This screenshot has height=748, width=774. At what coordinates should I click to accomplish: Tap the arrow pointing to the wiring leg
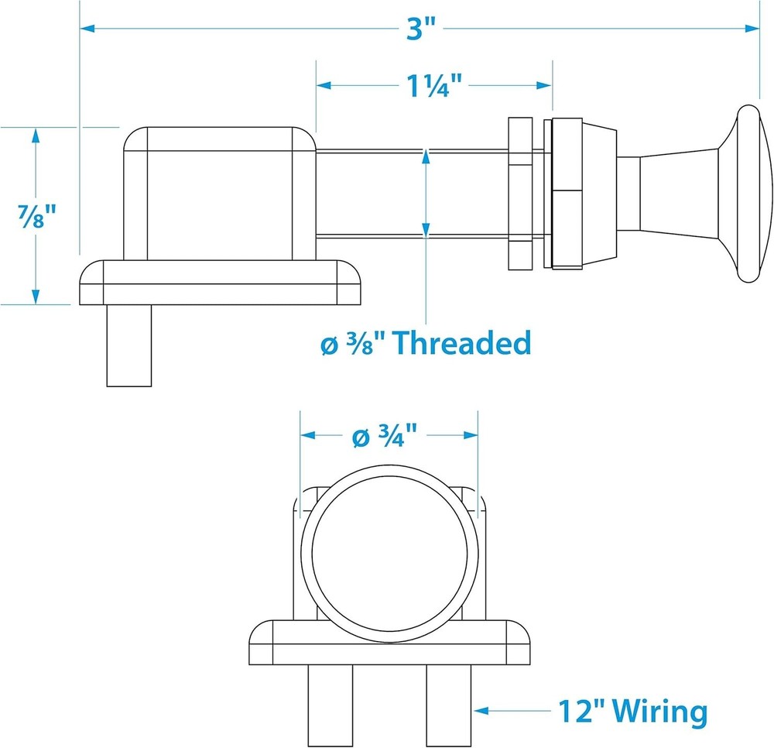pos(511,709)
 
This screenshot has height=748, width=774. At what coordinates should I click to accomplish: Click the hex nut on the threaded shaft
pos(519,194)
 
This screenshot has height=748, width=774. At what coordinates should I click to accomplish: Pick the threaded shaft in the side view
pos(410,194)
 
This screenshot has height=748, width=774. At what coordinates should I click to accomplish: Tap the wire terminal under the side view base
pos(128,345)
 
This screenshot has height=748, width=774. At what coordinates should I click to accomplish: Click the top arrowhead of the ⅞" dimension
pos(35,136)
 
